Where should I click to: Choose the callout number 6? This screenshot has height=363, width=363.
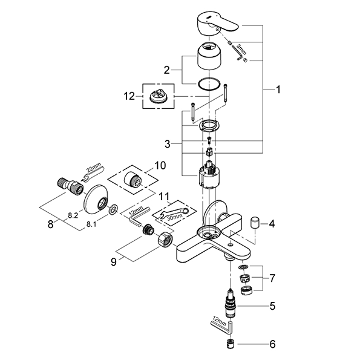click(x=272, y=345)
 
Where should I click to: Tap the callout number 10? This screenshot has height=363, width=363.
click(x=159, y=165)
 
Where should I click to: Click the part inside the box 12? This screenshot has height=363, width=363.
click(x=159, y=96)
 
